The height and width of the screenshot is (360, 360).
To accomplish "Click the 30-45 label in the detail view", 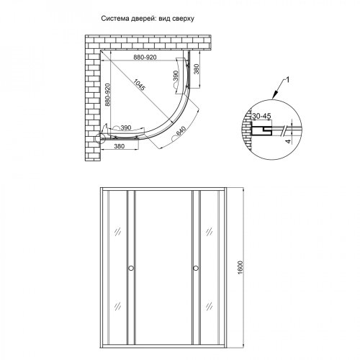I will [262, 114].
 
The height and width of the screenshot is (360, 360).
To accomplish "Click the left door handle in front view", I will [130, 269].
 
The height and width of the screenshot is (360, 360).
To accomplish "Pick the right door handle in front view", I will [194, 269].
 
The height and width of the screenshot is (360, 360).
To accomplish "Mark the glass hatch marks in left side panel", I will [115, 233].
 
